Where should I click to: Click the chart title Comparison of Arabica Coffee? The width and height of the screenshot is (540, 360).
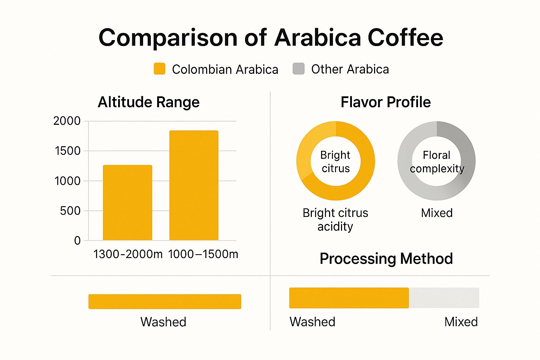point(270,38)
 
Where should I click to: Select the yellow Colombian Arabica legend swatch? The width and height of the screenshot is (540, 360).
point(160,69)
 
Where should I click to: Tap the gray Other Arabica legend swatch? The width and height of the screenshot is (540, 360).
point(298,69)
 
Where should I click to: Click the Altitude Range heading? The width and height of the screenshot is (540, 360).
point(148,102)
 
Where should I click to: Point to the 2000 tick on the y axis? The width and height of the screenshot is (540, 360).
point(67,121)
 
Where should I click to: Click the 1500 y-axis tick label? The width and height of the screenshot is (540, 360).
point(67,151)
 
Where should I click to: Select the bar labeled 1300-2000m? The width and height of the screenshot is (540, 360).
point(127,202)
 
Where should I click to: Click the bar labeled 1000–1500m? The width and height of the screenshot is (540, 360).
point(194,185)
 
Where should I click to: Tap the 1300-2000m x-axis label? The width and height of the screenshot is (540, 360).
point(128,254)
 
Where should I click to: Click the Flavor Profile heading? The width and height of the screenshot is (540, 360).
point(385,102)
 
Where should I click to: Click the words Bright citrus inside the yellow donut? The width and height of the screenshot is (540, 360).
point(335,162)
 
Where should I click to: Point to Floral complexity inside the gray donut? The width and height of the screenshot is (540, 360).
point(437,162)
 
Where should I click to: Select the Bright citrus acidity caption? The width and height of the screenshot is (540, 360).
point(335,220)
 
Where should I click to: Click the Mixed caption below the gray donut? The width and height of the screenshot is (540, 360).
point(437,213)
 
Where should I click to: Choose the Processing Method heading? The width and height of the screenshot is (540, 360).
point(386,259)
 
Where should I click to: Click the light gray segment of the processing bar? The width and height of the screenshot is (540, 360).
point(444,298)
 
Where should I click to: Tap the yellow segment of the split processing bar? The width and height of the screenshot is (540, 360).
point(349,298)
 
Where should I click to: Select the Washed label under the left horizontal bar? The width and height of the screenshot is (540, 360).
point(163,322)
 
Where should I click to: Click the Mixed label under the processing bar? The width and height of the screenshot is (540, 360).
point(461,322)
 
